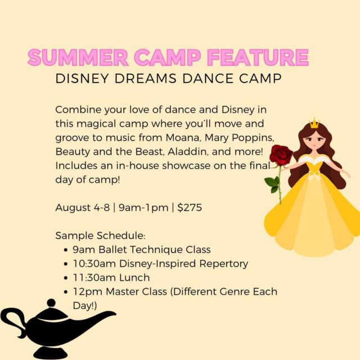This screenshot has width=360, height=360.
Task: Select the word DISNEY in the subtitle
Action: (82, 79)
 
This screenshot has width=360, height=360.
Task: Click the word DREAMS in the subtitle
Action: (145, 79)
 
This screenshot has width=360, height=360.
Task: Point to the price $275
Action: (190, 208)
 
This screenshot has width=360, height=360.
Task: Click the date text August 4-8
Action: (83, 208)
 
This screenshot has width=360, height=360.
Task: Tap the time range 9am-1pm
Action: (143, 208)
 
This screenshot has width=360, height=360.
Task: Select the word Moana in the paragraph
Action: (182, 137)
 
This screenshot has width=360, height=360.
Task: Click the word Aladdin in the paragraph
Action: (188, 152)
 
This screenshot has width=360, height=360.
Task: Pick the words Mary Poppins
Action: (239, 138)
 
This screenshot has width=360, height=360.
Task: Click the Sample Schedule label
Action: (100, 236)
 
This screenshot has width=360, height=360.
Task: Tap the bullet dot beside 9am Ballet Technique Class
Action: (66, 250)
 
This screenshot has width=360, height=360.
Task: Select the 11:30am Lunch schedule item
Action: (111, 277)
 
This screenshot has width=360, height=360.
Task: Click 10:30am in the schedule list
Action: (94, 264)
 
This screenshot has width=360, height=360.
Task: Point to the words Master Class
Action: (136, 291)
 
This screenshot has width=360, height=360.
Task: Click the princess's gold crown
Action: (314, 123)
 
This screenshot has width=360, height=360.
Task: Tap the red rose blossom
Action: (281, 155)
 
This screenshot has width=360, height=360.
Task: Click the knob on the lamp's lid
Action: (51, 303)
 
